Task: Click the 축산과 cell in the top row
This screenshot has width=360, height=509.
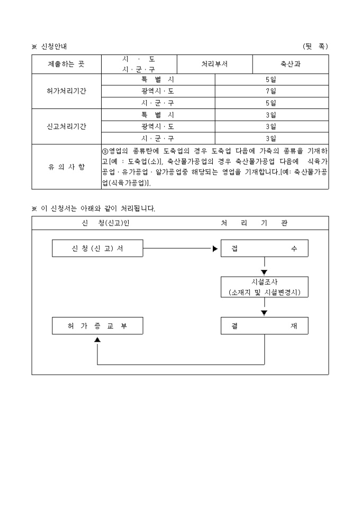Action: pyautogui.click(x=290, y=64)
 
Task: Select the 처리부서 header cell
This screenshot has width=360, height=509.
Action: pyautogui.click(x=214, y=64)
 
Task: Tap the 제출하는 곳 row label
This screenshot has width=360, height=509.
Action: pyautogui.click(x=66, y=64)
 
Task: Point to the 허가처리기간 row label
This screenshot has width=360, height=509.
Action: pyautogui.click(x=66, y=91)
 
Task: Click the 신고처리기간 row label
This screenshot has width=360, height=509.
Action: pyautogui.click(x=66, y=126)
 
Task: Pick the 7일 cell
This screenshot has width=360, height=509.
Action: pyautogui.click(x=271, y=91)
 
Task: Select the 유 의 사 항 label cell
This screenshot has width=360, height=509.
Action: pyautogui.click(x=66, y=167)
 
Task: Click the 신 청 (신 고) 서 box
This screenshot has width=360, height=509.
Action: pyautogui.click(x=97, y=248)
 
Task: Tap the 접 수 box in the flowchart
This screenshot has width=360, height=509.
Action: pyautogui.click(x=264, y=248)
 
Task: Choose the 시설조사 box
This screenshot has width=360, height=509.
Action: pyautogui.click(x=264, y=287)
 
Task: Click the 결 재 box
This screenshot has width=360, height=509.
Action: pyautogui.click(x=264, y=326)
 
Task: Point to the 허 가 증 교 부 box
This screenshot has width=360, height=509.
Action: pyautogui.click(x=97, y=326)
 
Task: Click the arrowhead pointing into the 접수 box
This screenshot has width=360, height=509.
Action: pyautogui.click(x=215, y=248)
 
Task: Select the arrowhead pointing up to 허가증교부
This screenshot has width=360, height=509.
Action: pyautogui.click(x=97, y=340)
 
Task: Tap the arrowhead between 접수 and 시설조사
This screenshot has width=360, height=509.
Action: pyautogui.click(x=264, y=272)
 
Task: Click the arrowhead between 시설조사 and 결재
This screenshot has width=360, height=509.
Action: pyautogui.click(x=264, y=313)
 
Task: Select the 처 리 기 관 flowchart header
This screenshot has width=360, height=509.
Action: pyautogui.click(x=254, y=223)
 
